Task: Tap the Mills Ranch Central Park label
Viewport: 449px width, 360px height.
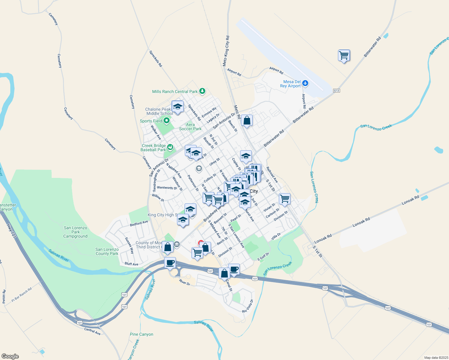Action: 175,91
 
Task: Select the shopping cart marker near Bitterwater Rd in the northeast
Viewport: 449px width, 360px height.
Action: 344,55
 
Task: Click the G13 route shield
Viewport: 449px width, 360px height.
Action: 336,91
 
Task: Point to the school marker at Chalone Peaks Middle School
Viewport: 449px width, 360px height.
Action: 178,107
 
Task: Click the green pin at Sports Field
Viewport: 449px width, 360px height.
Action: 166,121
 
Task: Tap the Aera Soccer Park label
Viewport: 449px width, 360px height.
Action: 190,127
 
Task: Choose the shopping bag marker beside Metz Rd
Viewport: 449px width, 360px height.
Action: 247,121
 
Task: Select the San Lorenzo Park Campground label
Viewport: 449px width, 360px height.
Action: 75,232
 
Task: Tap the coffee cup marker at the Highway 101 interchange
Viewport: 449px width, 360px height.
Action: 170,263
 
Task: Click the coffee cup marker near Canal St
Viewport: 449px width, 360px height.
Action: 234,269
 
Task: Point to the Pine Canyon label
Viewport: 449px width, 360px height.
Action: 141,334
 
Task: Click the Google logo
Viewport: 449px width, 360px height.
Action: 10,356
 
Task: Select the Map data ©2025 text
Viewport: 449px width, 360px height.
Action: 435,358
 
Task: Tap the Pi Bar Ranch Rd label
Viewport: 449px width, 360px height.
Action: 22,295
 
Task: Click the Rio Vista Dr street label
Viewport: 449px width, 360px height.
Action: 248,306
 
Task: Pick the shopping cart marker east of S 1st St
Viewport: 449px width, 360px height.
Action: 285,199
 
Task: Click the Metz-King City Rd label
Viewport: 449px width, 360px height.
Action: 226,51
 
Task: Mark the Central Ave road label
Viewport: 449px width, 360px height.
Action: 92,331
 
